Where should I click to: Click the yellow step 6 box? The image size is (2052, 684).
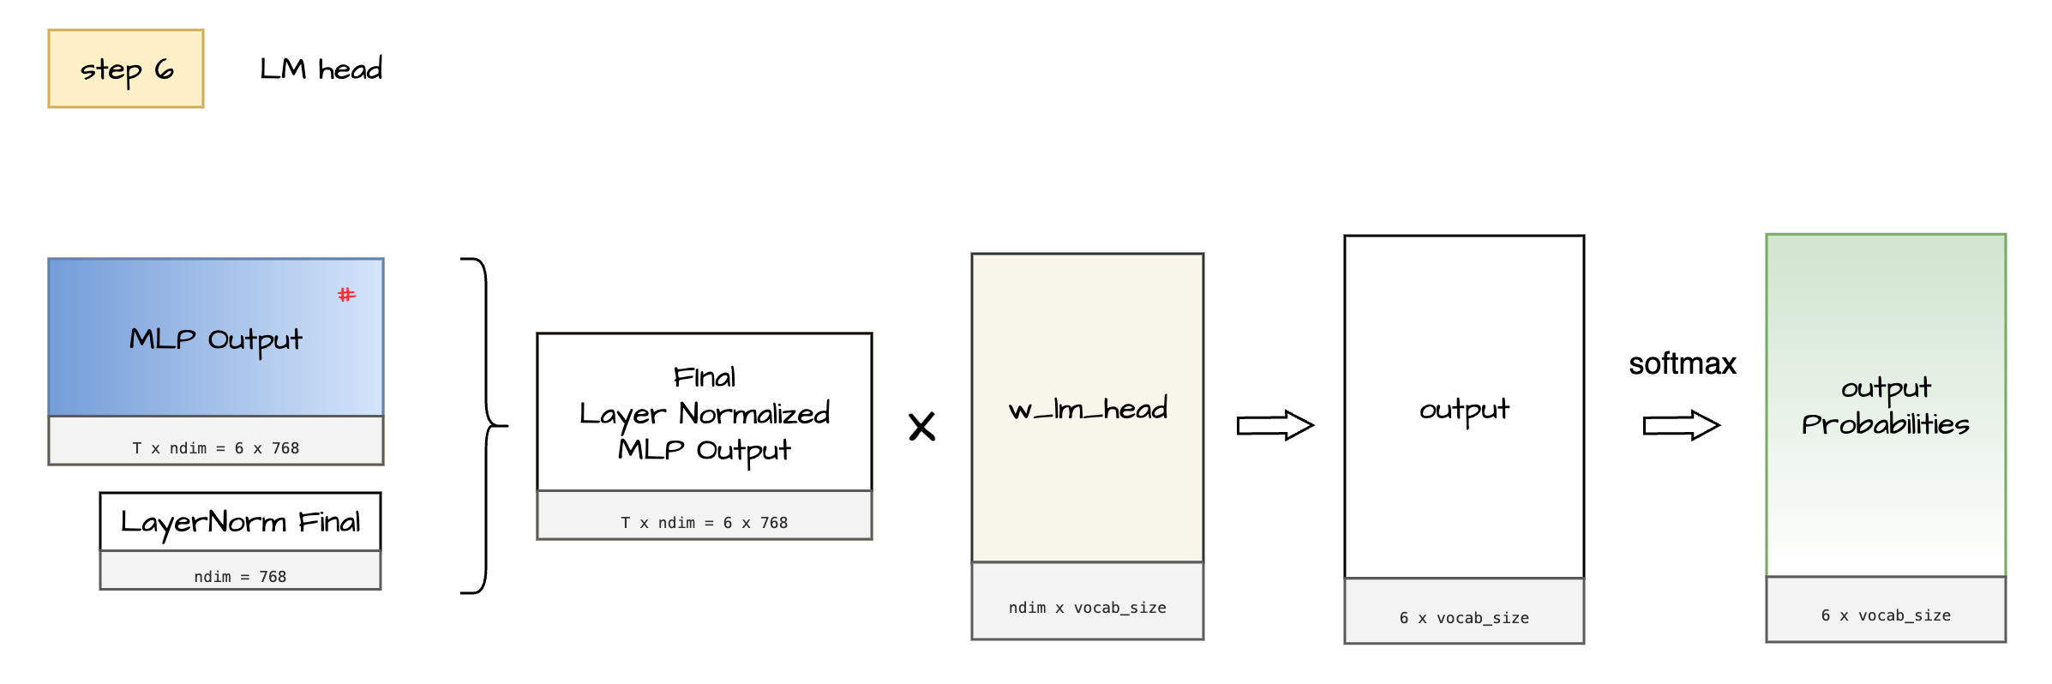[x=126, y=69]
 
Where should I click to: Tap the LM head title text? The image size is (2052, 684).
[x=321, y=69]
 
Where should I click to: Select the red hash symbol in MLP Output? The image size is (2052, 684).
[x=346, y=295]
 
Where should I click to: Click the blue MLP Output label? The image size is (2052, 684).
[x=216, y=339]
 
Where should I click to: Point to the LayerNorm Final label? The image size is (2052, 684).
[x=240, y=522]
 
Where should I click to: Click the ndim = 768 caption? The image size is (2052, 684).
[x=240, y=577]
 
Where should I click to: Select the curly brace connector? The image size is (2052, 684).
[x=486, y=425]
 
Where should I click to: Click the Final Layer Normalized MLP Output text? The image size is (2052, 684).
[x=704, y=413]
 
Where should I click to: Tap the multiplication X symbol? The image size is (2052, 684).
[x=921, y=426]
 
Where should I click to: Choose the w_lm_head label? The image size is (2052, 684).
[x=1088, y=409]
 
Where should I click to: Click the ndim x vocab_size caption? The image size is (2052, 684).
[x=1087, y=608]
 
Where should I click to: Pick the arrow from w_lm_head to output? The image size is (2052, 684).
[x=1275, y=425]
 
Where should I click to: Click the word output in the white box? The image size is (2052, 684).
[x=1464, y=410]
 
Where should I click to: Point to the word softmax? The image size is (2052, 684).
[x=1682, y=363]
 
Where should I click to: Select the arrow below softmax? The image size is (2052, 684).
[x=1681, y=425]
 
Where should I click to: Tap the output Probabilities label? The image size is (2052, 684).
[x=1885, y=406]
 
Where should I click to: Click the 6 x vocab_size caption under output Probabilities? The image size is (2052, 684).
[x=1886, y=615]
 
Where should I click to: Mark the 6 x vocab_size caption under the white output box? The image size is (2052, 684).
[x=1464, y=618]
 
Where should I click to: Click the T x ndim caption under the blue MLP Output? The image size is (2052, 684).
[x=216, y=448]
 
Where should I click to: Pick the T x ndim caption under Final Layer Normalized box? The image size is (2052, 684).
[x=704, y=523]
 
